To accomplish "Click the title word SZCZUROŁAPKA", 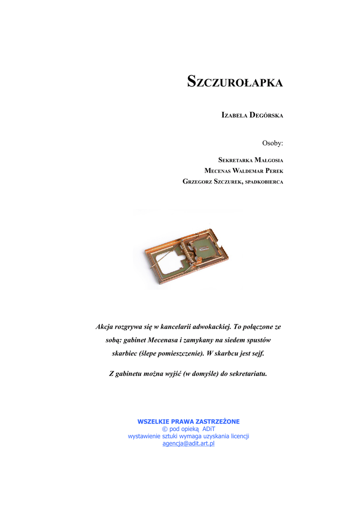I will (235, 82).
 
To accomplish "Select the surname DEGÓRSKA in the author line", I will (266, 115).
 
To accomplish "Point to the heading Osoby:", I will (272, 143).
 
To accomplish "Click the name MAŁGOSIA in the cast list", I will (269, 160).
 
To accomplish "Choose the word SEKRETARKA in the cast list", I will (235, 160).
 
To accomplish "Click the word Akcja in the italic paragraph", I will (104, 327).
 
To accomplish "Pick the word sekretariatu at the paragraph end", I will (248, 373).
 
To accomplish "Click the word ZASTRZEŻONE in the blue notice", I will (219, 422).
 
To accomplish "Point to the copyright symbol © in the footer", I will (165, 429).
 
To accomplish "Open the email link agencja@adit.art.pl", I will (188, 443).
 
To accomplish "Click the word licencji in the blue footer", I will (238, 436).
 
